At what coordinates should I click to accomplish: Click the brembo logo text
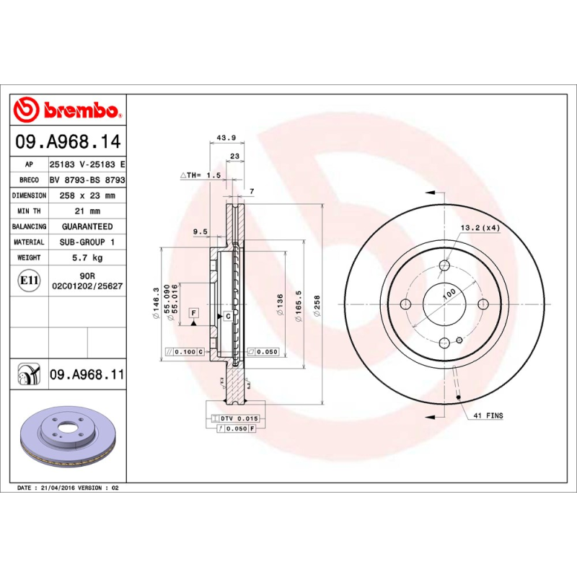tap(79, 110)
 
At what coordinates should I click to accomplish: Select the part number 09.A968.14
tap(66, 142)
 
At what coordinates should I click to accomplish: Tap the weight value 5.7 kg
tap(87, 257)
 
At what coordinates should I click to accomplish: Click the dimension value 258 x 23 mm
tap(87, 195)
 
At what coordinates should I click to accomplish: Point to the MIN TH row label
tap(30, 211)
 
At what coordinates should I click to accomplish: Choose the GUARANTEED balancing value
tap(87, 226)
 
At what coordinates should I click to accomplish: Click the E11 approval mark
tap(30, 280)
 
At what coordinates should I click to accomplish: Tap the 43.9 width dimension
tap(227, 137)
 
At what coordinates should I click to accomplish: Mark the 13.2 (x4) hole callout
tap(480, 229)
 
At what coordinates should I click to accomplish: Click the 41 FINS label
tap(488, 416)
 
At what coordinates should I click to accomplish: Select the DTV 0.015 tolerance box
tap(238, 418)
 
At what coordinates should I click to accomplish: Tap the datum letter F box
tap(193, 312)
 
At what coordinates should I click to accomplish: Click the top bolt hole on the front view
tap(445, 265)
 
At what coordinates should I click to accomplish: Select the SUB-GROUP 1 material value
tap(87, 242)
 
